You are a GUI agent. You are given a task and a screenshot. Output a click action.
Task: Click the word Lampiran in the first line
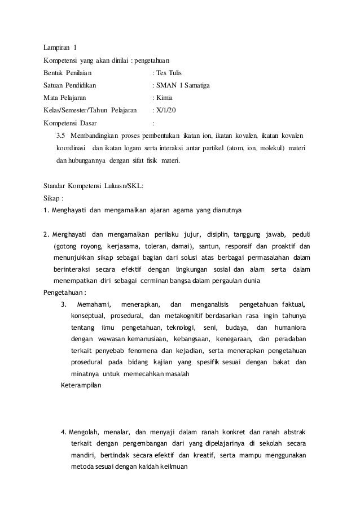(58, 47)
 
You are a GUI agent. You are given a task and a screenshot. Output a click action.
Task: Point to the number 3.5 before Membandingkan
(62, 136)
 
